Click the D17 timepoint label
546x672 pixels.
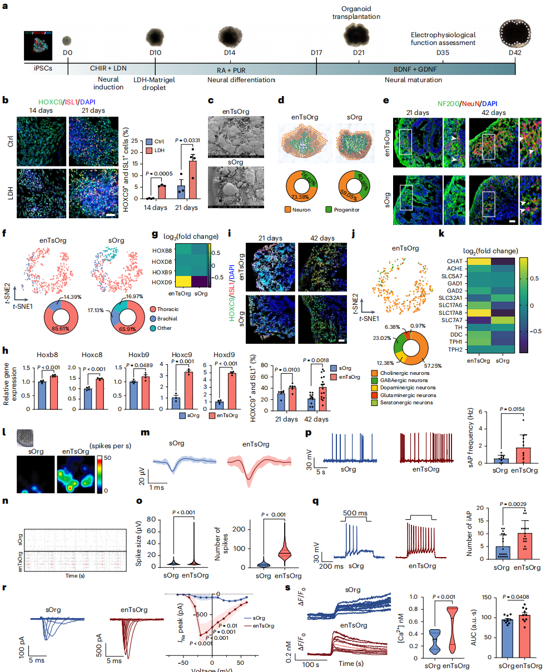[316, 52]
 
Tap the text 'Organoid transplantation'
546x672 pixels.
[360, 12]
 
